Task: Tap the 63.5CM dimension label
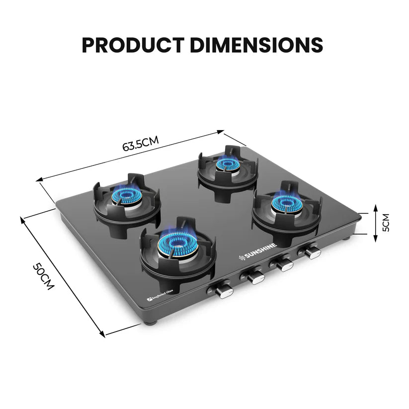[x=140, y=145]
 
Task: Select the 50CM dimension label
[x=43, y=276]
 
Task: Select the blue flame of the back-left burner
[x=126, y=195]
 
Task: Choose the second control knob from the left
[x=255, y=276]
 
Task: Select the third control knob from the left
[x=285, y=264]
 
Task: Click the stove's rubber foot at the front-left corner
[x=152, y=323]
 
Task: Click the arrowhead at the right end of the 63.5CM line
[x=222, y=132]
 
